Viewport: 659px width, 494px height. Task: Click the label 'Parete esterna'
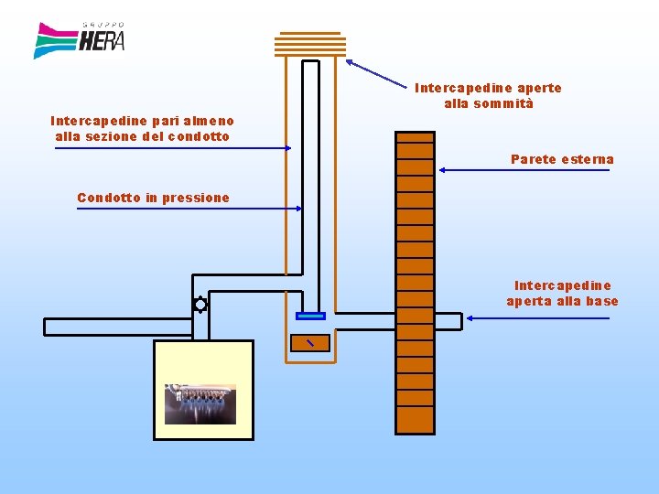[562, 159]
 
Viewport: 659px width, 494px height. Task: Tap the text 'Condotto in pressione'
[153, 198]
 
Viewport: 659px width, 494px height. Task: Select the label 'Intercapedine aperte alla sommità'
[488, 96]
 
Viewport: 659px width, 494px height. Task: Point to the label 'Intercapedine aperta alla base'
[562, 294]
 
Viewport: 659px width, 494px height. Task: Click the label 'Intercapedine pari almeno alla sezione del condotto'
[142, 128]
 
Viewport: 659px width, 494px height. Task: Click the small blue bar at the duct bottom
[311, 317]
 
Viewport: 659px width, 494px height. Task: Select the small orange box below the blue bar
[309, 343]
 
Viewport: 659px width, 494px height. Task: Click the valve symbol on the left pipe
[200, 306]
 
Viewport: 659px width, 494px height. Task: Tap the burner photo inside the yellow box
[200, 404]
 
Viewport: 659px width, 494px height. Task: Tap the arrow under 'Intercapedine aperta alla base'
[537, 318]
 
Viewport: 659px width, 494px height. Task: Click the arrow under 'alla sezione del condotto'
[173, 147]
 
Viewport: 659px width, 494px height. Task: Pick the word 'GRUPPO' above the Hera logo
[103, 25]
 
